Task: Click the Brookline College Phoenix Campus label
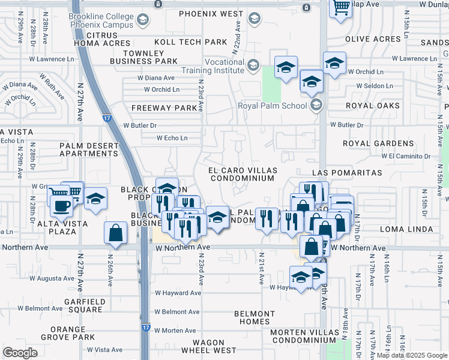pyautogui.click(x=101, y=21)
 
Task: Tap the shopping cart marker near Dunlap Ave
pyautogui.click(x=340, y=8)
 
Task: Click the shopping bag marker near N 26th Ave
pyautogui.click(x=115, y=233)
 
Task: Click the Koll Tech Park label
pyautogui.click(x=191, y=42)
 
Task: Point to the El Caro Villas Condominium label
pyautogui.click(x=241, y=174)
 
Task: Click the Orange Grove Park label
pyautogui.click(x=68, y=333)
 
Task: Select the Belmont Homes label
pyautogui.click(x=255, y=317)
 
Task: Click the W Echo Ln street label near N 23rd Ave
pyautogui.click(x=172, y=138)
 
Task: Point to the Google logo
pyautogui.click(x=20, y=353)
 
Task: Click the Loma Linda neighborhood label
pyautogui.click(x=407, y=229)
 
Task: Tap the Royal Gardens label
pyautogui.click(x=378, y=143)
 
